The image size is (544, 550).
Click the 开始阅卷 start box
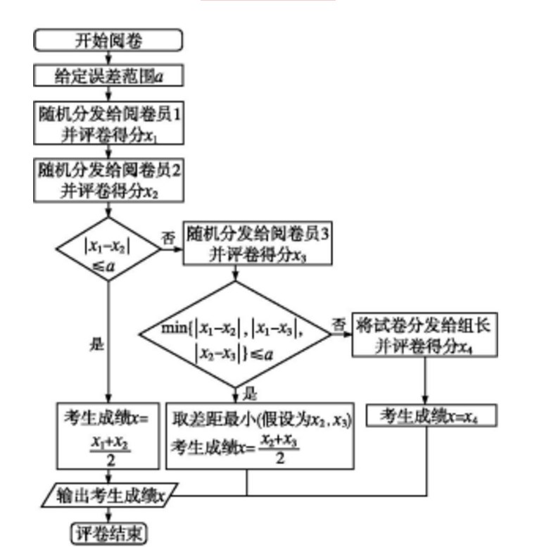tap(108, 40)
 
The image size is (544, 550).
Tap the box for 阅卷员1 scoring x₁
tap(108, 124)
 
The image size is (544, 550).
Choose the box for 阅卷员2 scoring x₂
tap(108, 180)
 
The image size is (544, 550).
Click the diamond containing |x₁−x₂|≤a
tap(108, 249)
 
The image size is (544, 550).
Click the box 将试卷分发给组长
tap(426, 336)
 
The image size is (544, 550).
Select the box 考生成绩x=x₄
tap(426, 416)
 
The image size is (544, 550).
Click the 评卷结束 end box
tap(108, 533)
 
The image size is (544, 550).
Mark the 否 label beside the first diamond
tap(169, 237)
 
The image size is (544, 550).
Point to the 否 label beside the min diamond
tap(339, 325)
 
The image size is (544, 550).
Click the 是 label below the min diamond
tap(248, 393)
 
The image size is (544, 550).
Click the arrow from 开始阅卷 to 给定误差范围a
tap(108, 58)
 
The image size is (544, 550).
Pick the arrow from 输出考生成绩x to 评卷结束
tap(108, 515)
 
